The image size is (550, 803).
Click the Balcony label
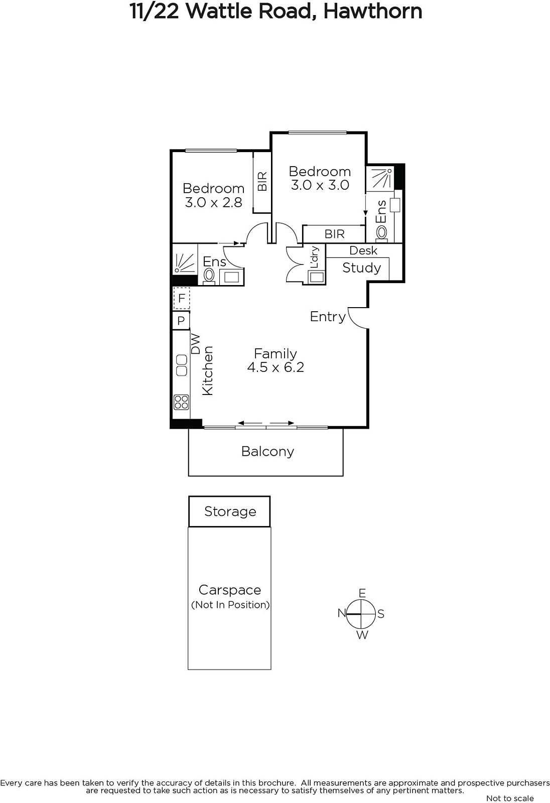point(267,451)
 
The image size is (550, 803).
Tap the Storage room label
point(230,511)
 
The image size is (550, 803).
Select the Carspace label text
point(230,590)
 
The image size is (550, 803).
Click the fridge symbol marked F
point(182,298)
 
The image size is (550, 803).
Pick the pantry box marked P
point(181,321)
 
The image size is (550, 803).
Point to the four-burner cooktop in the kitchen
point(182,402)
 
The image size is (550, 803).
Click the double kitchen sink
point(182,365)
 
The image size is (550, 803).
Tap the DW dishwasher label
point(195,344)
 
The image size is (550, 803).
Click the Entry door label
point(328,317)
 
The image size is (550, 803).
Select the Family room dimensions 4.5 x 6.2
point(276,367)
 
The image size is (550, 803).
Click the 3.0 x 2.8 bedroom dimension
point(213,203)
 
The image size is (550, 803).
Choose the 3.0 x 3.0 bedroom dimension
point(320,185)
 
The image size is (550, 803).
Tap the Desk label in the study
point(363,250)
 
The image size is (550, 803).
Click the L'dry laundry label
point(315,257)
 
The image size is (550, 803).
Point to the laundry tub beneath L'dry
point(316,277)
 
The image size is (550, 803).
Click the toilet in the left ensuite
point(209,276)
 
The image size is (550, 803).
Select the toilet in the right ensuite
point(381,232)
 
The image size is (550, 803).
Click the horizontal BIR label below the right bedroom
point(334,234)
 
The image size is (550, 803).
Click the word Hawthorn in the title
point(373,12)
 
